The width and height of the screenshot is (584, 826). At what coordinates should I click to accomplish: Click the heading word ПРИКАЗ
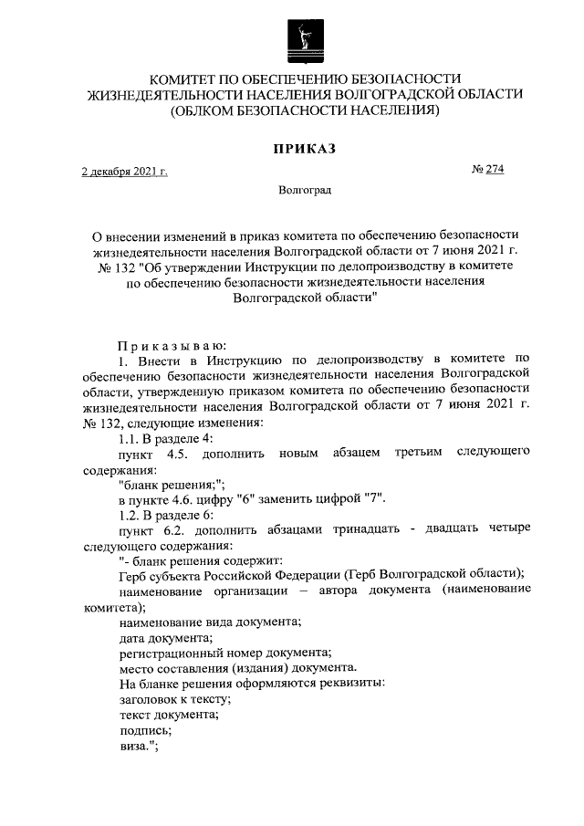coord(305,149)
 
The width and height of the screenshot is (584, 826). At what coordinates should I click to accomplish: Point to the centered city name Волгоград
coord(305,191)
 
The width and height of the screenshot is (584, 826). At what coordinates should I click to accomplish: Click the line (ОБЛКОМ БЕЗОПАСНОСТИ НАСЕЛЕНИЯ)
coord(305,111)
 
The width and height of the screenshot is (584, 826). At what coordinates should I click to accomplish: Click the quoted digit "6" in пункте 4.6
coord(245,498)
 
